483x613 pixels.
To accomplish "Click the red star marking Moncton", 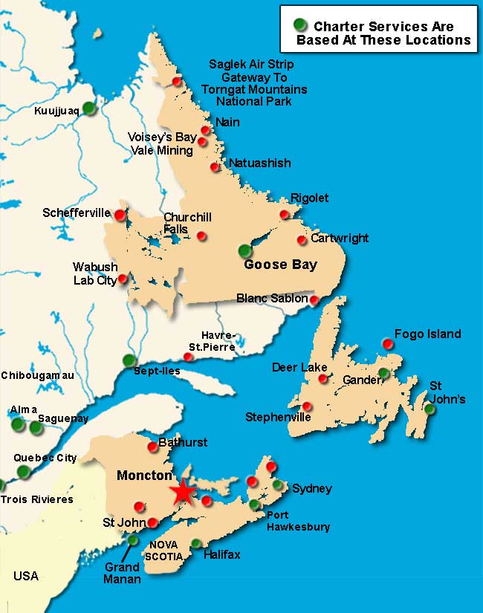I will pyautogui.click(x=181, y=493).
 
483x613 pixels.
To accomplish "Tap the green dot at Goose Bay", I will pyautogui.click(x=245, y=251).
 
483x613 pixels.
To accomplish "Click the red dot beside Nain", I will pyautogui.click(x=206, y=130).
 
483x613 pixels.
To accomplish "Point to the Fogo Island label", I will pyautogui.click(x=427, y=334).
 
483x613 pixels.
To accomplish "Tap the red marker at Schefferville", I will pyautogui.click(x=119, y=214).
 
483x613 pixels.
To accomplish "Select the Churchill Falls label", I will pyautogui.click(x=187, y=223).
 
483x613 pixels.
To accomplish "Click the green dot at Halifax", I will pyautogui.click(x=196, y=543).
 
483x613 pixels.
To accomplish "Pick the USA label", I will pyautogui.click(x=25, y=576).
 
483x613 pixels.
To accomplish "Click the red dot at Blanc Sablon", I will pyautogui.click(x=314, y=300).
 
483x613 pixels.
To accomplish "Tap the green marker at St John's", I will pyautogui.click(x=429, y=409).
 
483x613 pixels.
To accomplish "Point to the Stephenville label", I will pyautogui.click(x=278, y=417).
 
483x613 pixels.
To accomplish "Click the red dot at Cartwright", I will pyautogui.click(x=302, y=240).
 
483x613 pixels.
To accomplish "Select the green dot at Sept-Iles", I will pyautogui.click(x=129, y=360).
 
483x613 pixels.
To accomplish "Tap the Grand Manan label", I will pyautogui.click(x=122, y=573).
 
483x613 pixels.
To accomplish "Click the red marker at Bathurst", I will pyautogui.click(x=153, y=447).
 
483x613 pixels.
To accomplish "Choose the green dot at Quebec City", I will pyautogui.click(x=24, y=471).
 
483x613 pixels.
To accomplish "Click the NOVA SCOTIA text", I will pyautogui.click(x=164, y=549).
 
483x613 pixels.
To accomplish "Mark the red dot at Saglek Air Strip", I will pyautogui.click(x=177, y=81).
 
